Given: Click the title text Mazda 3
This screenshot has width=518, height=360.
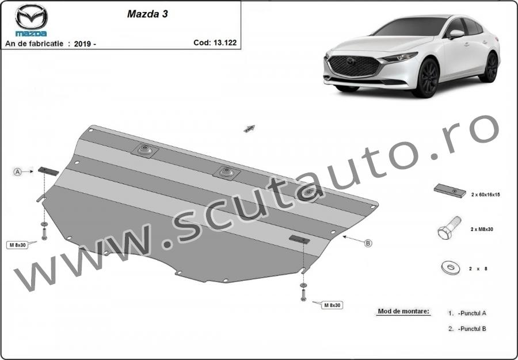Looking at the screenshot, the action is [147, 14].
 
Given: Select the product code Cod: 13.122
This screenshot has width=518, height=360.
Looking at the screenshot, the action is [215, 43].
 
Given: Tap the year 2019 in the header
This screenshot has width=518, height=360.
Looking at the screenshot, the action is [82, 44].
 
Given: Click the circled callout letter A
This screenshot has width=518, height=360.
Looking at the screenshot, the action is [17, 171].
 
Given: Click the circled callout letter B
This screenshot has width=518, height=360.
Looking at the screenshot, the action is [368, 243].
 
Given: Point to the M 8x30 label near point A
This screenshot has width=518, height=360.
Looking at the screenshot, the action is [17, 245].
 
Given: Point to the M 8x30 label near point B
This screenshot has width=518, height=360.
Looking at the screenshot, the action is [332, 305].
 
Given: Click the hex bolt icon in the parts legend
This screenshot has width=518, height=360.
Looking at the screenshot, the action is [449, 228].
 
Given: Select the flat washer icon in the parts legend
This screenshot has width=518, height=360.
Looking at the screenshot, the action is [450, 267].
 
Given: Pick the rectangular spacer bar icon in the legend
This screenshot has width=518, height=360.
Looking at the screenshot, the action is [450, 191].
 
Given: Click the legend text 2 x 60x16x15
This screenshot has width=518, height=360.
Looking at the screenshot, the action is [485, 195].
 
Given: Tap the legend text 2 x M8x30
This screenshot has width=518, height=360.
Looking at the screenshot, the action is [482, 229].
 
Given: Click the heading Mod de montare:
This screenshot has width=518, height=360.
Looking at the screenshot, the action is [403, 311].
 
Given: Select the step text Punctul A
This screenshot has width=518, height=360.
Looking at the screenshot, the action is [473, 313].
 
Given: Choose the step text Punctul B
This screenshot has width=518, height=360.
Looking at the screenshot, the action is [473, 328].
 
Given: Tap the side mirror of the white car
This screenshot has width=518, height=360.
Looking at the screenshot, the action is [456, 34].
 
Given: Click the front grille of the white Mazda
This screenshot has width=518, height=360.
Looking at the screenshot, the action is [355, 66].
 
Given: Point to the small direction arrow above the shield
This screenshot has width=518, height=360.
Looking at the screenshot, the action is [249, 129].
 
